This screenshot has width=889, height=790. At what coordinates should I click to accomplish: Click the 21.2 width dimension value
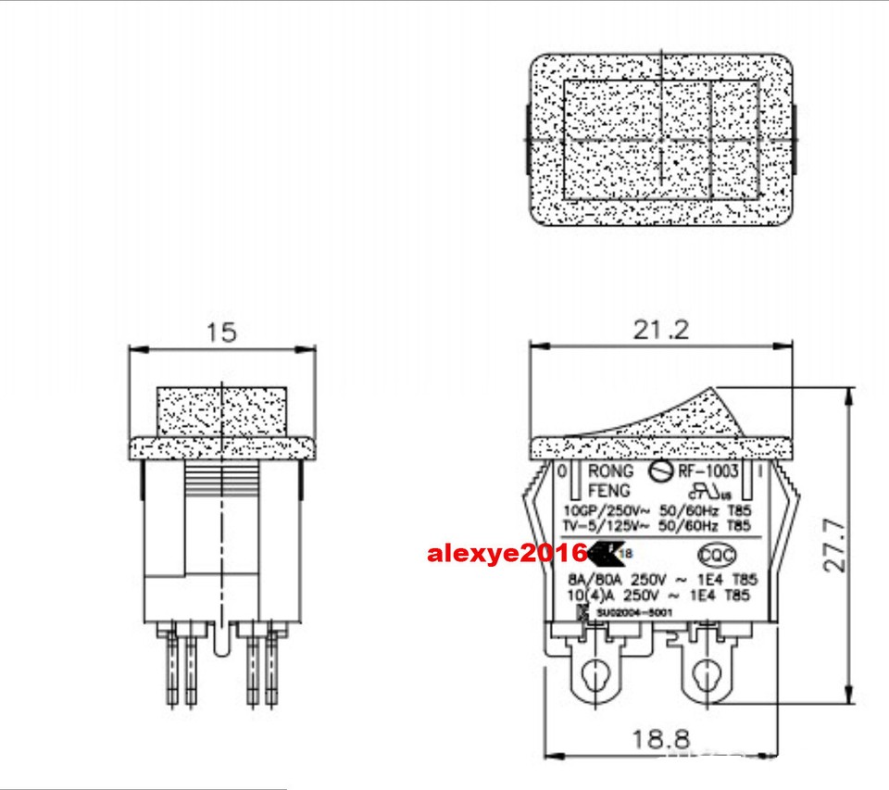click(660, 330)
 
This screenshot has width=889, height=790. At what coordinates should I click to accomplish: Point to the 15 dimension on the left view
click(221, 332)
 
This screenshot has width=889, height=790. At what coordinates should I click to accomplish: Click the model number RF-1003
click(708, 471)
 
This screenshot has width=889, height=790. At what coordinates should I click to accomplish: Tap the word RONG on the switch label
click(611, 471)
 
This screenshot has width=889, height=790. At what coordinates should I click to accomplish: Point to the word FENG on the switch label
click(609, 490)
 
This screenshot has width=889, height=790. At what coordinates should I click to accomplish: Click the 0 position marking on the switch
click(564, 471)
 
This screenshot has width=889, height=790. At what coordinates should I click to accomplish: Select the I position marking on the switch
click(758, 471)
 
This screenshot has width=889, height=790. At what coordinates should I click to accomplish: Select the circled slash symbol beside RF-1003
click(659, 471)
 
